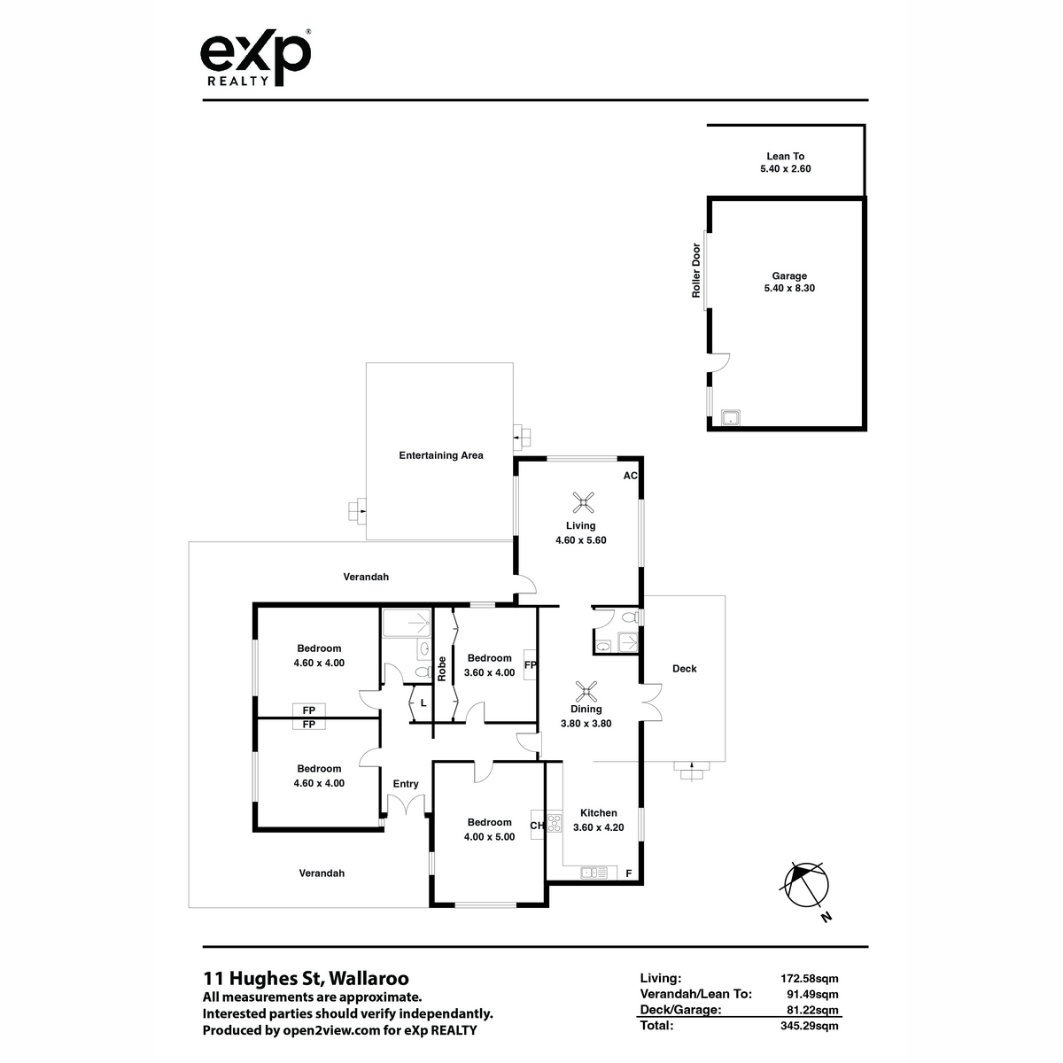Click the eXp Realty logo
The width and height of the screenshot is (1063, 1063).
[255, 58]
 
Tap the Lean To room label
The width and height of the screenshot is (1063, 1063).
[785, 156]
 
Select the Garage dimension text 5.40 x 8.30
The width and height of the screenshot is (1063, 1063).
[789, 288]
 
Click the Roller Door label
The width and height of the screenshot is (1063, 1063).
[696, 270]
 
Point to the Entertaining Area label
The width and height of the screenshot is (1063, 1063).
[441, 455]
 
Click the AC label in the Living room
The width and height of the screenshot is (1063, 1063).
[630, 476]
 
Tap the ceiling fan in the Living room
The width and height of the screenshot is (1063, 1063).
[583, 502]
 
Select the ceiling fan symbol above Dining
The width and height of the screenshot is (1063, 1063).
[586, 692]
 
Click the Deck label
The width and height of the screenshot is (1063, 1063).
[684, 669]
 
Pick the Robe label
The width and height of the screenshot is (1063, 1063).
[441, 669]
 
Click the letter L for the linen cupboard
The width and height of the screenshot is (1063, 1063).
[423, 703]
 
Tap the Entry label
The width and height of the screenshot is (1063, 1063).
[406, 784]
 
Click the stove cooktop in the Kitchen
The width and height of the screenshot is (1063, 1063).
[555, 822]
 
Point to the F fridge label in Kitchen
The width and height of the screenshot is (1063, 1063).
[628, 873]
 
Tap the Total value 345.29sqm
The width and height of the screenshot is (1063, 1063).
[810, 1026]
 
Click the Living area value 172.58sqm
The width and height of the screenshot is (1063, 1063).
[810, 978]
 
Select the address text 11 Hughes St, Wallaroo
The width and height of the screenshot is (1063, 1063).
[306, 978]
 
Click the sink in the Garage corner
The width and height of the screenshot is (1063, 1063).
[731, 417]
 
